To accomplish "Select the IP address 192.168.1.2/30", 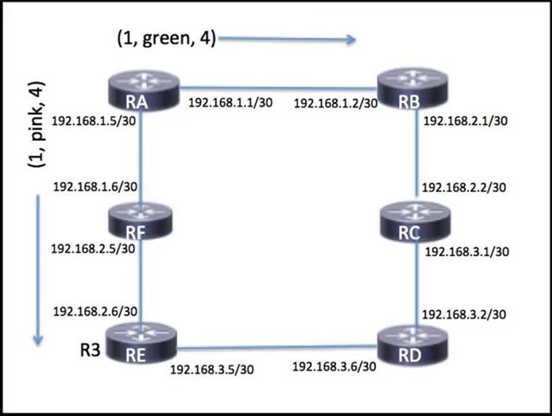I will point(335,103).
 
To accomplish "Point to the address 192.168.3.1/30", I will point(466,251).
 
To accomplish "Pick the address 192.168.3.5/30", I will point(212,369).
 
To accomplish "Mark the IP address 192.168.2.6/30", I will point(95,311).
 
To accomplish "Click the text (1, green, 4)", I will point(166,40).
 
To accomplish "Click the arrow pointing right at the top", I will point(286,39).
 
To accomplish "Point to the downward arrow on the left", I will point(38,270).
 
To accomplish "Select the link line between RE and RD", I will point(276,347).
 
